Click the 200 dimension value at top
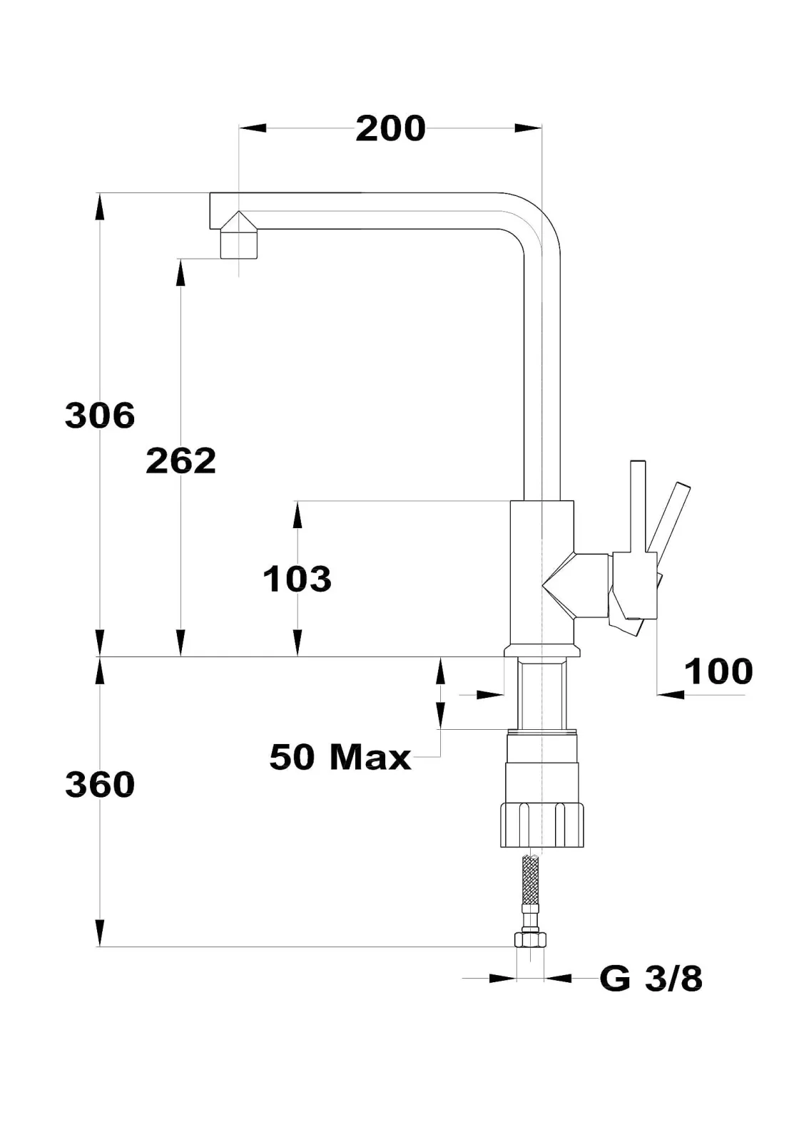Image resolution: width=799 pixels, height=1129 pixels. [390, 129]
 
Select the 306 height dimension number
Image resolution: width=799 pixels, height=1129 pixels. [100, 415]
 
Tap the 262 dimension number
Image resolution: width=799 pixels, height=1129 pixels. [180, 461]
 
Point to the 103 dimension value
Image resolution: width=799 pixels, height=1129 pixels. [297, 579]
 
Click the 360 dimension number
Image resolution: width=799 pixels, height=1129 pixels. [100, 785]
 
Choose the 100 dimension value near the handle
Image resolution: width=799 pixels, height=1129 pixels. [718, 671]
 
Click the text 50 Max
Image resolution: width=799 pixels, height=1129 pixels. [340, 757]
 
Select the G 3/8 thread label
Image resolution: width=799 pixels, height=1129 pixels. [651, 979]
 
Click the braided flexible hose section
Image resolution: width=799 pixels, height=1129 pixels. [530, 881]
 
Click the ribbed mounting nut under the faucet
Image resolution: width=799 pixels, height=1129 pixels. [542, 825]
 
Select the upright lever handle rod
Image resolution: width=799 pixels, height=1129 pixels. [638, 506]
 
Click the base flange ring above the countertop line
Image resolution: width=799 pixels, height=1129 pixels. [542, 650]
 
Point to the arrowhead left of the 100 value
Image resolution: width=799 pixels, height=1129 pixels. [669, 694]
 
